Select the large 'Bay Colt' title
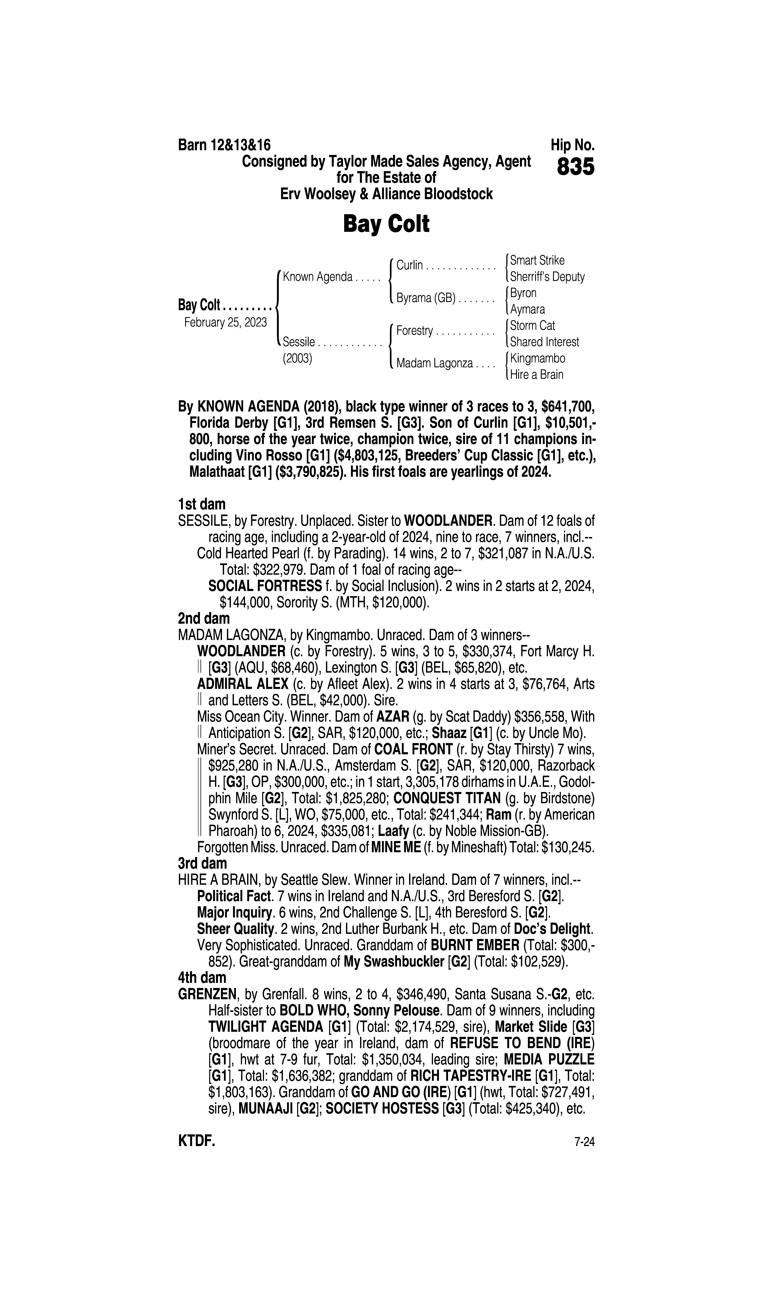pyautogui.click(x=386, y=224)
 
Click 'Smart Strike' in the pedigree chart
pyautogui.click(x=537, y=261)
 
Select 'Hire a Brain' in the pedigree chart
pyautogui.click(x=537, y=375)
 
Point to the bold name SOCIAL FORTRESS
pyautogui.click(x=265, y=586)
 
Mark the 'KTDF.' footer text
pyautogui.click(x=196, y=1142)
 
